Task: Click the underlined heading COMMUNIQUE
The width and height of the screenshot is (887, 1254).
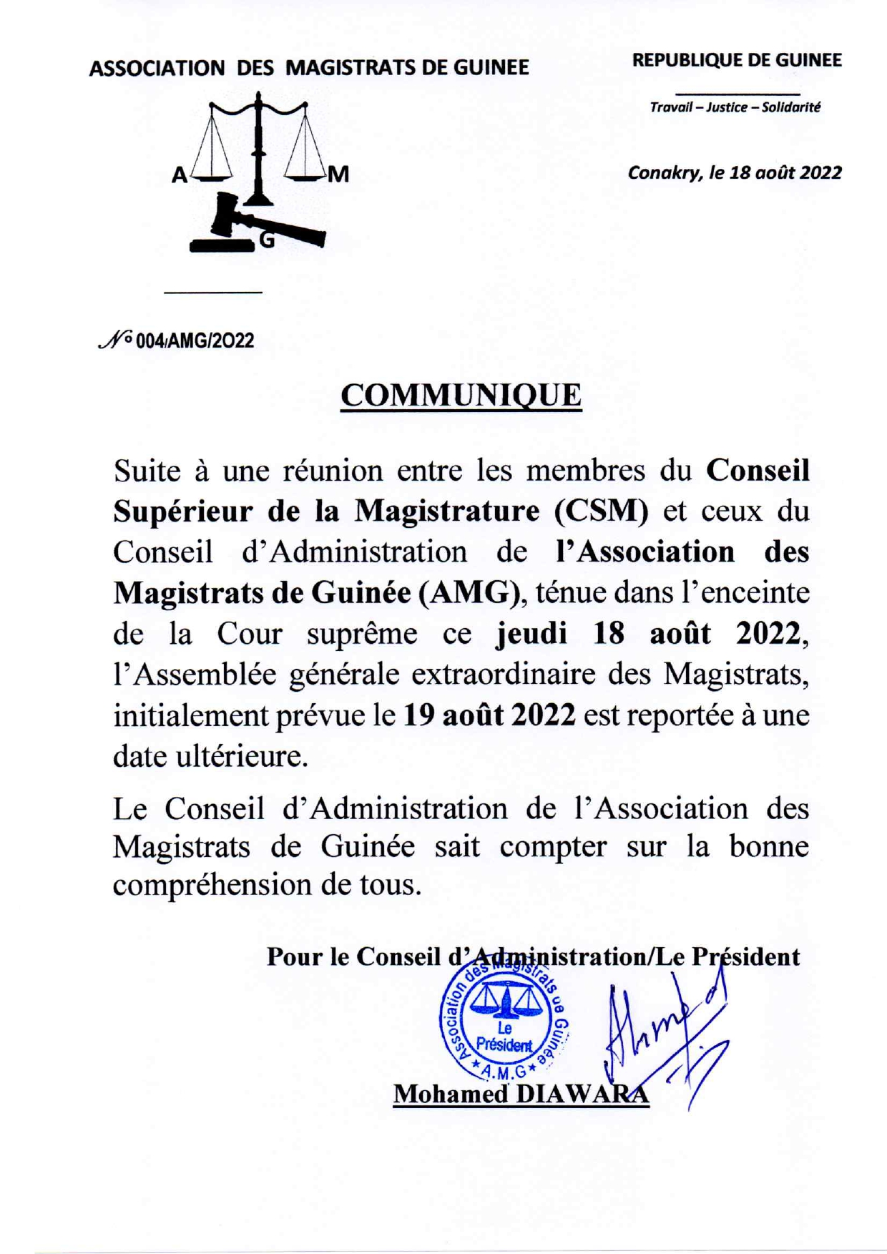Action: click(x=461, y=396)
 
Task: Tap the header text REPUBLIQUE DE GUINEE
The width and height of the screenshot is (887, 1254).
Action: click(x=737, y=61)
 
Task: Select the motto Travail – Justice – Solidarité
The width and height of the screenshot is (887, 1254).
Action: click(x=735, y=108)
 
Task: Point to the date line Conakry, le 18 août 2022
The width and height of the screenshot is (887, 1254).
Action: click(x=735, y=172)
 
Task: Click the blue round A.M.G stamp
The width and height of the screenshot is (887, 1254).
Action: click(x=504, y=1029)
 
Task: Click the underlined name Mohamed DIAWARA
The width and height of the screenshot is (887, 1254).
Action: click(x=521, y=1094)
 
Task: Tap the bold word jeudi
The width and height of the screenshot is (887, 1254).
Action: click(x=531, y=633)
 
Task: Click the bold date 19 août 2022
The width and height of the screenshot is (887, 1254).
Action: click(x=489, y=715)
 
